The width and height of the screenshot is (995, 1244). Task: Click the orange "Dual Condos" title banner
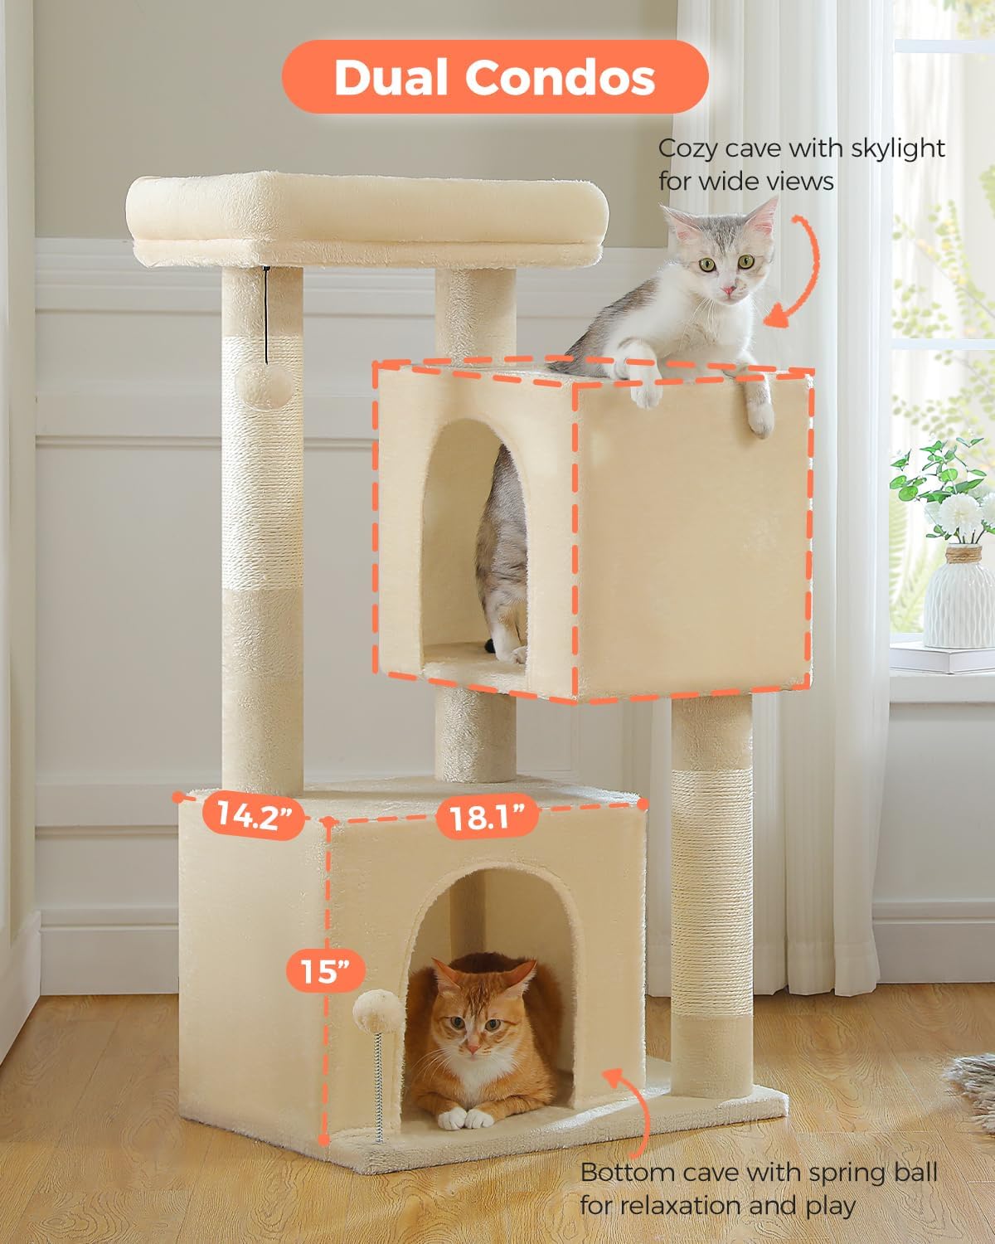point(495,77)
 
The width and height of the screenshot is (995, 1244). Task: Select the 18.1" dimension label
point(488,817)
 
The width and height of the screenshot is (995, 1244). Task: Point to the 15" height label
point(326,970)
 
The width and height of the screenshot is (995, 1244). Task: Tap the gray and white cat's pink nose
point(729,289)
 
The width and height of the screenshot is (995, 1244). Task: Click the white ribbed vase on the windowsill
point(958,597)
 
